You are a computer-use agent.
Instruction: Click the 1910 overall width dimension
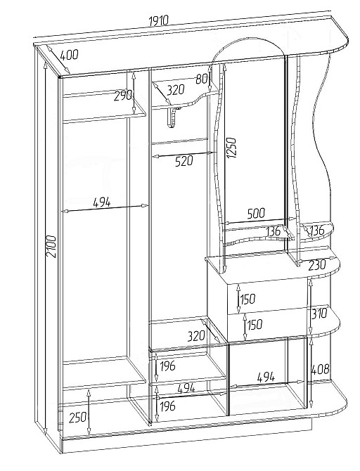pos(159,20)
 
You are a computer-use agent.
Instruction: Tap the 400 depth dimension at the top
pos(69,55)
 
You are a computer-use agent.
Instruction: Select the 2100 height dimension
pos(52,246)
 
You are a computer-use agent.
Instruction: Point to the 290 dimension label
pos(123,96)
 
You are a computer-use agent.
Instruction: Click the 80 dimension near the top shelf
pos(201,79)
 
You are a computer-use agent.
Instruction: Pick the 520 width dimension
pos(184,161)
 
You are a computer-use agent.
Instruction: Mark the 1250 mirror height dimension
pos(232,148)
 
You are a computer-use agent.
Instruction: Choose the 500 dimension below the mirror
pos(256,213)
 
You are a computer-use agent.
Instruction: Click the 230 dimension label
pos(316,265)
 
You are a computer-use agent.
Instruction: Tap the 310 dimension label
pos(319,314)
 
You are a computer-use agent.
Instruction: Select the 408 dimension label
pos(321,369)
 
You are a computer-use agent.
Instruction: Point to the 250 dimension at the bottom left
pos(78,418)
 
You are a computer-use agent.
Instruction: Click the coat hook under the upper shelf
pos(172,117)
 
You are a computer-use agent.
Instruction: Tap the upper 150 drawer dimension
pos(248,299)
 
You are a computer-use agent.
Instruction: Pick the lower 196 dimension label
pos(167,406)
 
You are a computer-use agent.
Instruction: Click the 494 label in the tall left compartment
pos(101,202)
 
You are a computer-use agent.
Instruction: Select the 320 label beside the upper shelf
pos(176,90)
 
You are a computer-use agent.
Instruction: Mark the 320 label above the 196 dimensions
pos(195,336)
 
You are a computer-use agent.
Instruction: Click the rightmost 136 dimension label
pos(316,231)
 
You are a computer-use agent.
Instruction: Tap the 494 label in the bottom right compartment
pos(266,377)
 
